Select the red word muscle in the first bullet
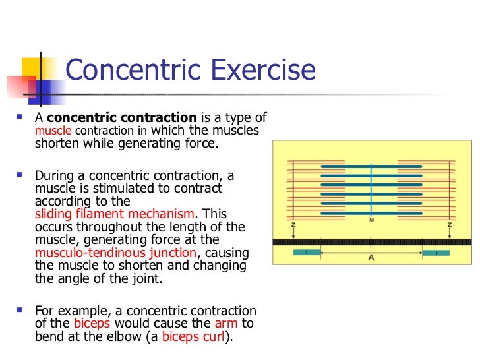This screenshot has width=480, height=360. [47, 131]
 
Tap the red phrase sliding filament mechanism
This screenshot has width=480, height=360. [114, 214]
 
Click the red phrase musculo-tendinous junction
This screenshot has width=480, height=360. [115, 253]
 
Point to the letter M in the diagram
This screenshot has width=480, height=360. [371, 219]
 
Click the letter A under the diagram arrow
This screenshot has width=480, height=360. [371, 258]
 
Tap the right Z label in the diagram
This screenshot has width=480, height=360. [449, 225]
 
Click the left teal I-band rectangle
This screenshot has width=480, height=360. [306, 253]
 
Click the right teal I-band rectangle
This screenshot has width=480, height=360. [436, 253]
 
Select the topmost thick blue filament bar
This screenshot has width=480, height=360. [371, 167]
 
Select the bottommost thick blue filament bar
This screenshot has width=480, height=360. [371, 212]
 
